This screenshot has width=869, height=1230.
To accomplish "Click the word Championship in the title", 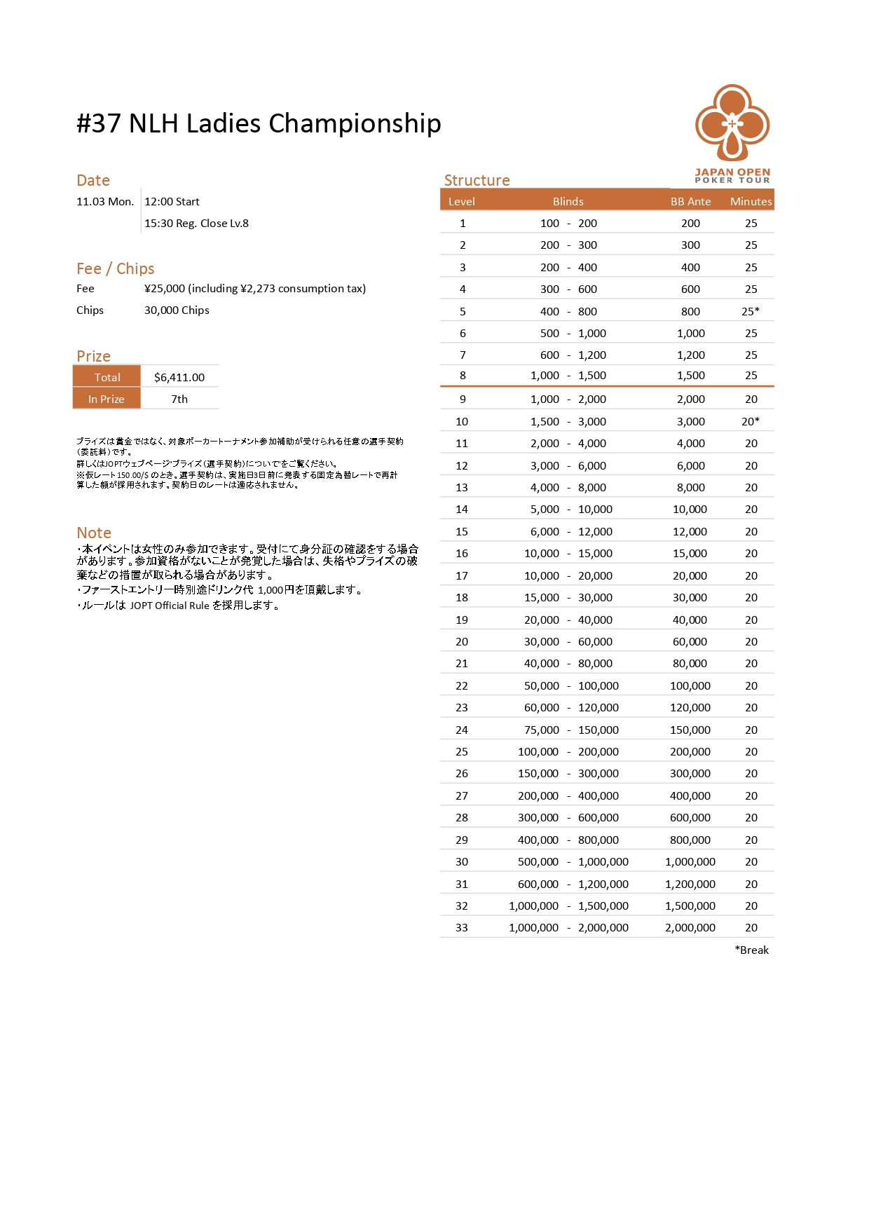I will click(x=355, y=123).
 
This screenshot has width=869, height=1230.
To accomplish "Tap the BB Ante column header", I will click(x=690, y=201).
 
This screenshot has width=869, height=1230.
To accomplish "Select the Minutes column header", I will click(x=751, y=201).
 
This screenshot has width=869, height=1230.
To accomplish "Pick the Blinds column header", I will click(x=568, y=201).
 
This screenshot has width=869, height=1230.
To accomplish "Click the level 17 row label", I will click(x=462, y=575).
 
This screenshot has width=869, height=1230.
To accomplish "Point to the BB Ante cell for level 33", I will click(x=690, y=927).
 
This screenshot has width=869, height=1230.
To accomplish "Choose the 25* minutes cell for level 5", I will click(x=751, y=311).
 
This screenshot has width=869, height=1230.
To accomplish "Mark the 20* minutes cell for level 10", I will click(x=751, y=421).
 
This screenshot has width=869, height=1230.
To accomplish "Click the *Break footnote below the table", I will click(x=751, y=950).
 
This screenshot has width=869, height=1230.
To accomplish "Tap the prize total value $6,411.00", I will click(x=179, y=377).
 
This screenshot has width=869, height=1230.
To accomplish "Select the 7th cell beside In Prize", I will click(x=179, y=399).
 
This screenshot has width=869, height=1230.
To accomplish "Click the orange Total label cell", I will click(x=107, y=377).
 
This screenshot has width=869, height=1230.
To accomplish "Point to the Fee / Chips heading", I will click(x=116, y=268).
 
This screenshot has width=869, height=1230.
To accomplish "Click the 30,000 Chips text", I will click(x=177, y=310).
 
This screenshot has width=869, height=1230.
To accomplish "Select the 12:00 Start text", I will click(x=172, y=201).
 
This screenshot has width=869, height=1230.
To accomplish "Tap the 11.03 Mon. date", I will click(x=105, y=201).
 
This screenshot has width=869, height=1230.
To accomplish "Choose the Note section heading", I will click(x=94, y=533).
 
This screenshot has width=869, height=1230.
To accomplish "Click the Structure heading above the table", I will click(x=477, y=180).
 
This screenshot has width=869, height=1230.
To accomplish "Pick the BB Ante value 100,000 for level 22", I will click(x=690, y=685).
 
